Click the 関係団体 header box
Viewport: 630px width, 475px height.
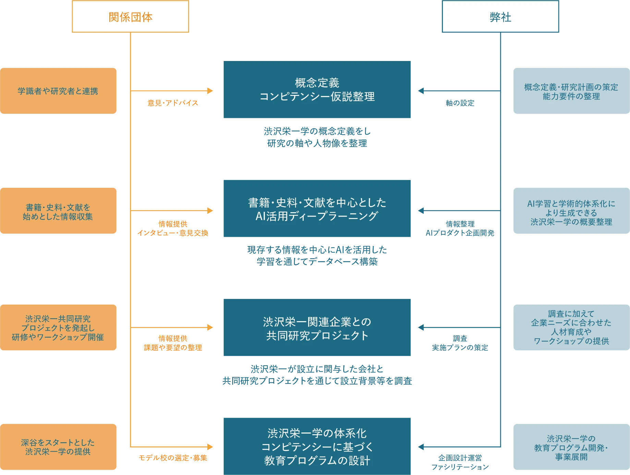tap(130, 17)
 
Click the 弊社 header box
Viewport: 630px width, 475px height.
tap(500, 17)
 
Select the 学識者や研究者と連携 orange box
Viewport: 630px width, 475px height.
tap(59, 91)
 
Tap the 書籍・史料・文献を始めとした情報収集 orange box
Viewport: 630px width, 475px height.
tap(59, 211)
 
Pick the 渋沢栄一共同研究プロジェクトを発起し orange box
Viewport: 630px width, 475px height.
tap(59, 328)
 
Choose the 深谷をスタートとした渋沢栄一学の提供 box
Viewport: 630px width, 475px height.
tap(59, 447)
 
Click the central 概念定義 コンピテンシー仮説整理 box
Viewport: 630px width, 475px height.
tap(316, 90)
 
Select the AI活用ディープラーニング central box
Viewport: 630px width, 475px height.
tap(316, 209)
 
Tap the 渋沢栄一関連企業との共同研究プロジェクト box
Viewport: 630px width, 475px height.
tap(316, 328)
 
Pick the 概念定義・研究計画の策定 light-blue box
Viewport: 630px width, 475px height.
tap(571, 91)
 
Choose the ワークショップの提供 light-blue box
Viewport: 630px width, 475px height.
tap(571, 328)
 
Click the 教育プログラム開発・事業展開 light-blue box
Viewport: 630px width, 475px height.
tap(571, 447)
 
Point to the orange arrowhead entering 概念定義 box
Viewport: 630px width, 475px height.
tap(209, 91)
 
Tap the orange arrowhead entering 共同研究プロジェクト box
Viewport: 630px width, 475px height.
tap(209, 328)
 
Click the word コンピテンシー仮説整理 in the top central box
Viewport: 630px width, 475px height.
tap(317, 97)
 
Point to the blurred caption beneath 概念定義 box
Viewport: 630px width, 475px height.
tap(317, 137)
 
